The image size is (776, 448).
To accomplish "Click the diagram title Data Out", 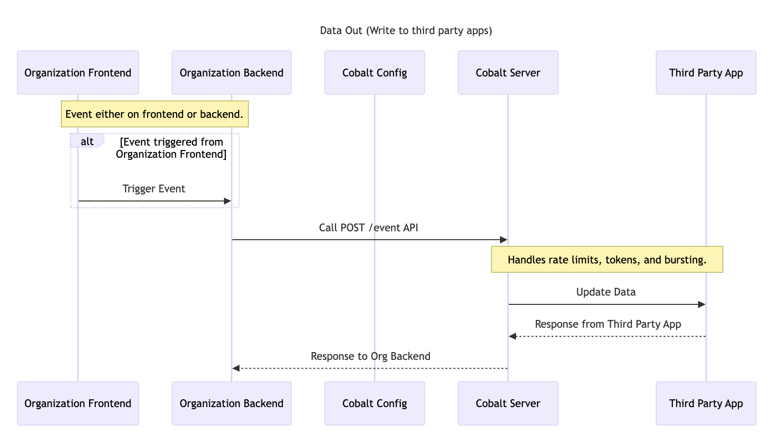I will [406, 31].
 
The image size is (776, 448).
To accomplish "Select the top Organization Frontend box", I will [78, 73].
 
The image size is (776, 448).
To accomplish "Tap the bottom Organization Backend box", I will [231, 403].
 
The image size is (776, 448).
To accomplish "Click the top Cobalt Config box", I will [374, 73].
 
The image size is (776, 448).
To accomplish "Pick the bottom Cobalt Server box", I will [508, 403].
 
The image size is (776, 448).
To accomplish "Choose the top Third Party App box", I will [706, 73].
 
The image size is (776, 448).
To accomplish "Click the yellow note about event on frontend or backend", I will [154, 114].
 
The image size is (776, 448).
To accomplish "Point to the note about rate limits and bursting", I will [607, 260].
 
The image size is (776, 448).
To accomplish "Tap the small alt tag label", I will [87, 141].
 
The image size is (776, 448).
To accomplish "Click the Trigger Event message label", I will [154, 189].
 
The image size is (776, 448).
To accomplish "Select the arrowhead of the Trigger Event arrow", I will [227, 201].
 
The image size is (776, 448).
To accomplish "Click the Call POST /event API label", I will [369, 228].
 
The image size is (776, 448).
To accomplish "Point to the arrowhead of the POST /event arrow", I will [504, 240].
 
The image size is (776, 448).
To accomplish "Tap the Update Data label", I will [606, 292].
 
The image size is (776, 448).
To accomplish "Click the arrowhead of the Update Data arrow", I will [702, 304].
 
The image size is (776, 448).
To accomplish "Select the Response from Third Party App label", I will [608, 324].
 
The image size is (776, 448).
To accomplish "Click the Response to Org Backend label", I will [370, 356].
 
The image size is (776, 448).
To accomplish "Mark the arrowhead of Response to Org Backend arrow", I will [236, 368].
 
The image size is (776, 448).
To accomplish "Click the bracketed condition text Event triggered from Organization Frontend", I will [171, 148].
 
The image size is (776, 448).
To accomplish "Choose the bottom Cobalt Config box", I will [374, 403].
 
